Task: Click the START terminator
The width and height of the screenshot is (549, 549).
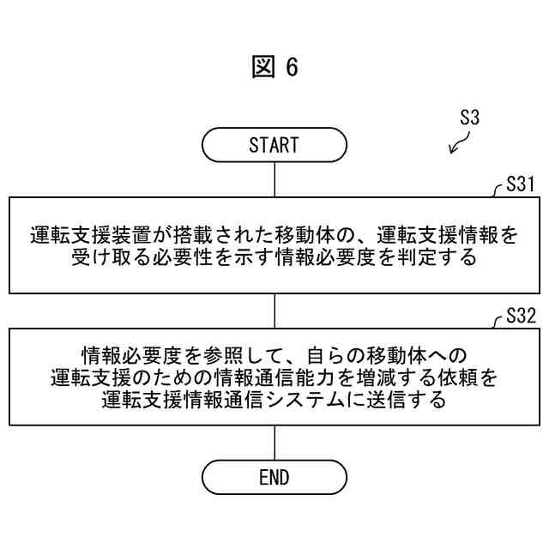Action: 274,145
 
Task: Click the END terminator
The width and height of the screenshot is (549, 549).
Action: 274,478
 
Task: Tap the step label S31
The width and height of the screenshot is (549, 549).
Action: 521,185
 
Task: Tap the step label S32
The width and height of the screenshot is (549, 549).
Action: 521,317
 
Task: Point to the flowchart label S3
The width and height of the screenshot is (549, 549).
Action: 468,119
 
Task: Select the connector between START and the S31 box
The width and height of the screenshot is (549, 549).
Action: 274,179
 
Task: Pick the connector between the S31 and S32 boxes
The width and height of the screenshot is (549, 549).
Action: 274,310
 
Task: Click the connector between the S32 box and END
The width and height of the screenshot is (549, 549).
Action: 274,442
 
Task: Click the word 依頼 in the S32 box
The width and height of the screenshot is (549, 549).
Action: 464,377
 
